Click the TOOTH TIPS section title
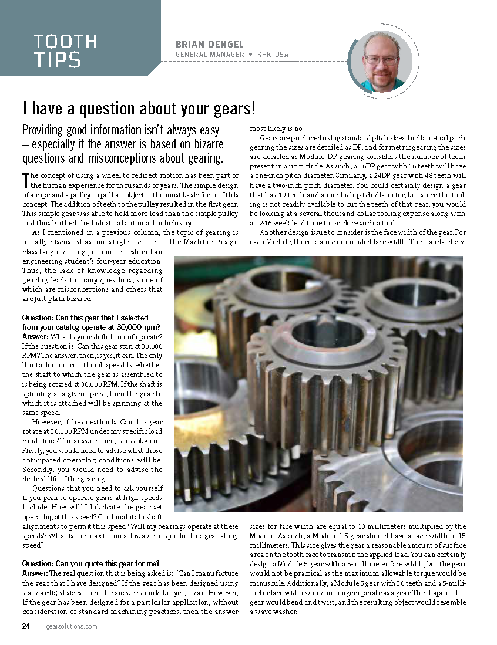click(65, 50)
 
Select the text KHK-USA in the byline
click(273, 55)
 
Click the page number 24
click(26, 626)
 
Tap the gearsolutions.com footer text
click(71, 626)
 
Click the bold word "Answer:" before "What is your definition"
click(36, 336)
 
